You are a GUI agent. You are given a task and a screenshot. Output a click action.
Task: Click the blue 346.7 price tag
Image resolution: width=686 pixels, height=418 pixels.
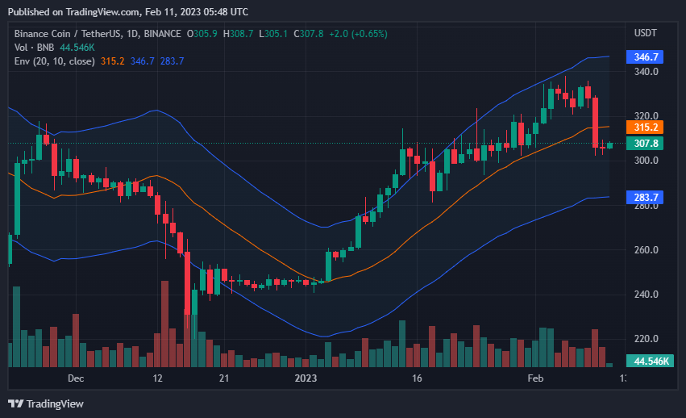pyautogui.click(x=647, y=56)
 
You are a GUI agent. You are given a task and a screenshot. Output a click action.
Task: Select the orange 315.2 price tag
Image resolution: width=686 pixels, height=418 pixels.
pyautogui.click(x=647, y=127)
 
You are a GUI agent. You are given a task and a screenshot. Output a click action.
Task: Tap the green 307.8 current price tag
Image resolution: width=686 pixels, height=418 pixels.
pyautogui.click(x=647, y=143)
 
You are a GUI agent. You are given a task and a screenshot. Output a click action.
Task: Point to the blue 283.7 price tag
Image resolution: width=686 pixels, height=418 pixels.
pyautogui.click(x=647, y=197)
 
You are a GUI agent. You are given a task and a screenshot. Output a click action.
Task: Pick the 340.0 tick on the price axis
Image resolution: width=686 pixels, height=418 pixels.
pyautogui.click(x=647, y=72)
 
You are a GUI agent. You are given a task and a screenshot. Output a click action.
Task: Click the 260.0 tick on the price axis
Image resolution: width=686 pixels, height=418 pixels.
pyautogui.click(x=647, y=250)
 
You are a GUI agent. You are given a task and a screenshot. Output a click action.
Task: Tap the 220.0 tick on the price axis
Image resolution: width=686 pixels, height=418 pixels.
pyautogui.click(x=647, y=339)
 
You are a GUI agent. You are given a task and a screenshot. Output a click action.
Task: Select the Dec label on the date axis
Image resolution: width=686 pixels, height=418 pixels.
pyautogui.click(x=76, y=378)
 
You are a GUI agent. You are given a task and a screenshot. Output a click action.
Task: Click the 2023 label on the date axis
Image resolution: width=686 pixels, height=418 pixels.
pyautogui.click(x=306, y=378)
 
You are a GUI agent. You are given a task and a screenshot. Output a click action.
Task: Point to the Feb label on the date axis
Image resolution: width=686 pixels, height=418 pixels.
pyautogui.click(x=535, y=378)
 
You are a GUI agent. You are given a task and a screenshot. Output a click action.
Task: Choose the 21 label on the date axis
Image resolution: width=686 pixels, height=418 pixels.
pyautogui.click(x=224, y=378)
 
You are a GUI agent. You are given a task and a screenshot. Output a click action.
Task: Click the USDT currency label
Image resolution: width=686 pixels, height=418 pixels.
pyautogui.click(x=646, y=33)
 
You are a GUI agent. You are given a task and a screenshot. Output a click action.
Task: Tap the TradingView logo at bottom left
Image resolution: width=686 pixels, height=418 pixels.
pyautogui.click(x=46, y=403)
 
